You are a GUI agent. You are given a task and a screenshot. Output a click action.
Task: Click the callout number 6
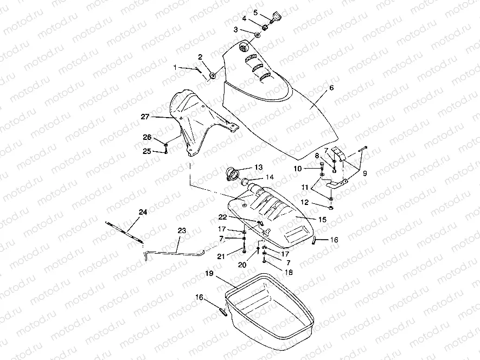(331, 88)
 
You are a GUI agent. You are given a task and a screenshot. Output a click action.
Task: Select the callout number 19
(209, 274)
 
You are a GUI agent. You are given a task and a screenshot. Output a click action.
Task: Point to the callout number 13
(258, 167)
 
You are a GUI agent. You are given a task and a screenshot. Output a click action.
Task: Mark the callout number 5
(256, 11)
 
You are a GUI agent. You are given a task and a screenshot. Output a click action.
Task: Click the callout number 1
(175, 67)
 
